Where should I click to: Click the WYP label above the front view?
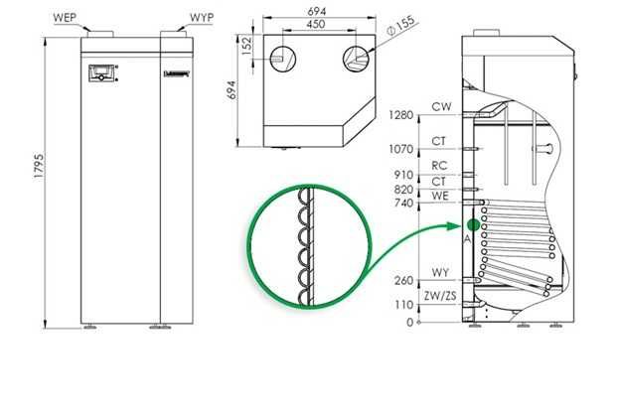click(201, 17)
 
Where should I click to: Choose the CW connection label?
click(440, 106)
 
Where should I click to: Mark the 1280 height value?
click(401, 115)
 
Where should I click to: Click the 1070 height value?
click(401, 149)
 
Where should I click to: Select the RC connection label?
click(440, 166)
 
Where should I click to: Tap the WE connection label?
click(440, 197)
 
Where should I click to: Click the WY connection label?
click(440, 271)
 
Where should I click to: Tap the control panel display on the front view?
click(101, 72)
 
